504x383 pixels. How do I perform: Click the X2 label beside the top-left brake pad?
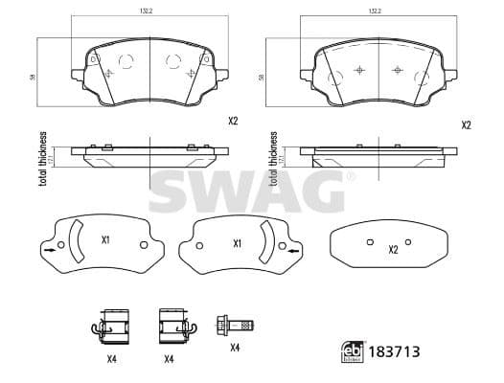pyautogui.click(x=233, y=121)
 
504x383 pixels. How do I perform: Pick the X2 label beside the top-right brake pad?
pyautogui.click(x=466, y=124)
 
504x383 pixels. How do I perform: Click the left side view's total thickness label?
pyautogui.click(x=43, y=158)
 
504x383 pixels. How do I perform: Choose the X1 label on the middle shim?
pyautogui.click(x=237, y=242)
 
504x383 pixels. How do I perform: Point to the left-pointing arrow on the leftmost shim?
pyautogui.click(x=46, y=252)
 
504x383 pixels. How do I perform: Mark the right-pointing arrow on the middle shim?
pyautogui.click(x=292, y=252)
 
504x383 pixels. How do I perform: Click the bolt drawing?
pyautogui.click(x=236, y=326)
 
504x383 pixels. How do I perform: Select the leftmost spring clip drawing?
pyautogui.click(x=113, y=327)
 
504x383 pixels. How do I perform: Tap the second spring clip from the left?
pyautogui.click(x=172, y=327)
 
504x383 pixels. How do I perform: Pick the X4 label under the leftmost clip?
pyautogui.click(x=113, y=359)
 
